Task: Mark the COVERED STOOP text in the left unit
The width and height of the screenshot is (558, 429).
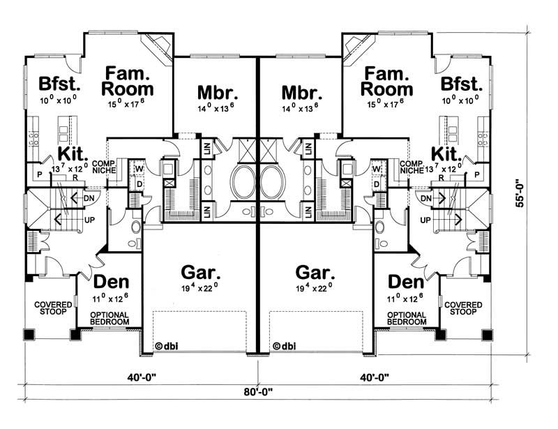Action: pos(50,308)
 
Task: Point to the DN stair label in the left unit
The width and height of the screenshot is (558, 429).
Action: pos(89,197)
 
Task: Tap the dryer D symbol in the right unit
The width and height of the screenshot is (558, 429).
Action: pos(376,184)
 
